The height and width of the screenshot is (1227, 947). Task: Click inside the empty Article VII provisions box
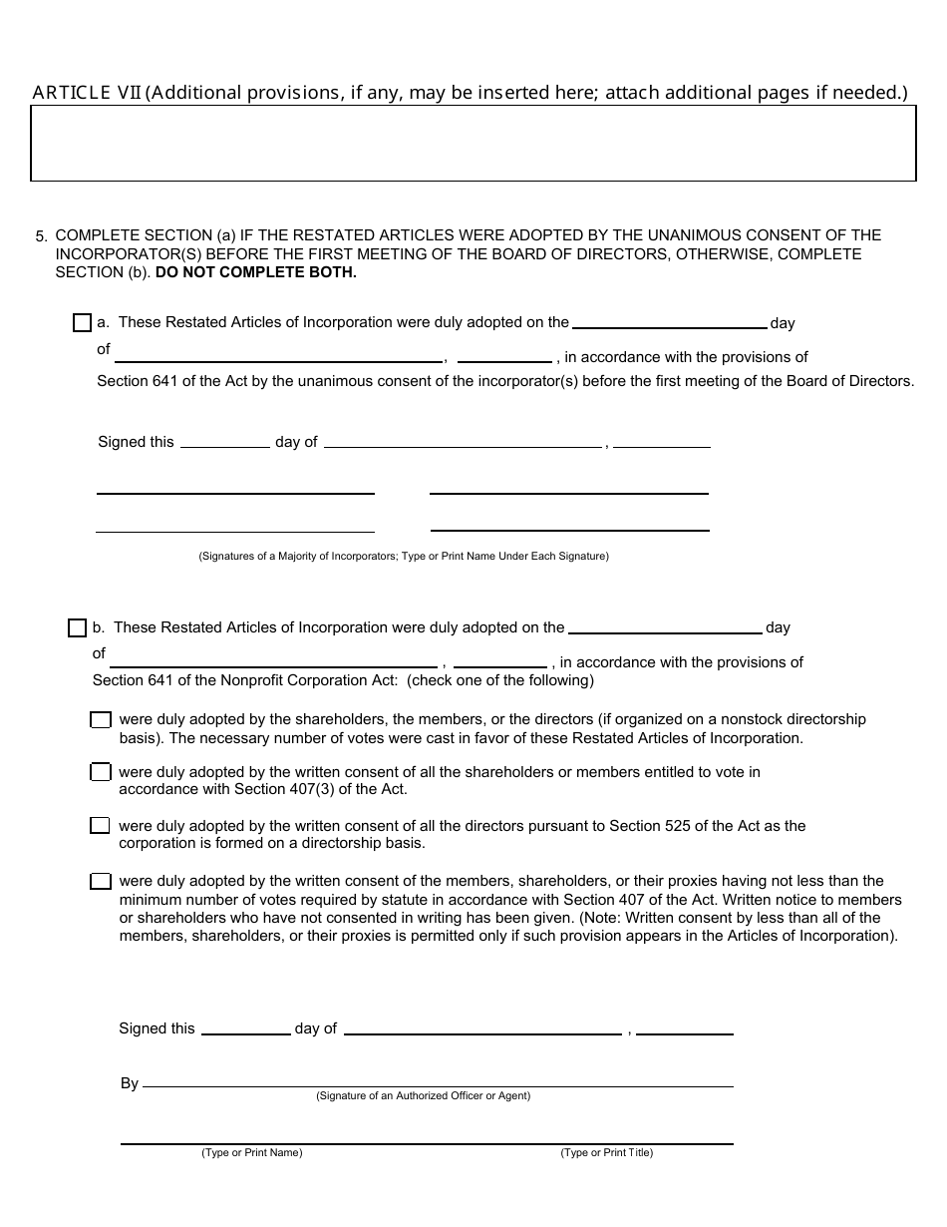(473, 144)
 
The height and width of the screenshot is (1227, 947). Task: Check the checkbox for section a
(82, 323)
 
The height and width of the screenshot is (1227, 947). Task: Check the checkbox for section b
(77, 628)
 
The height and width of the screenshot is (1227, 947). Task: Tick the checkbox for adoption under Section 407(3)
(101, 772)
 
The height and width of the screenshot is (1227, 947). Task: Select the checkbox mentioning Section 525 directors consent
(101, 826)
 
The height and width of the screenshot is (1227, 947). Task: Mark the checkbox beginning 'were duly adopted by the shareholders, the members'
(101, 720)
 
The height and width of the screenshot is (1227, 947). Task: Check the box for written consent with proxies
(101, 882)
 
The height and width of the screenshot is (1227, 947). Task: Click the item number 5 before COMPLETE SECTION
(41, 237)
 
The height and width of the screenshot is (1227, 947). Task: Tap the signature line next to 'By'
(439, 1082)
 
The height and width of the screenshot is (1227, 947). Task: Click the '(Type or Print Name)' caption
(252, 1152)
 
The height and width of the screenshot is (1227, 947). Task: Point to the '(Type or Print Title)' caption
(606, 1152)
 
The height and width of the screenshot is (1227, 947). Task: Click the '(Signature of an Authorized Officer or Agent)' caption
(424, 1095)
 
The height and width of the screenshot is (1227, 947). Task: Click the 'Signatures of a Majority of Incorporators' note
(404, 556)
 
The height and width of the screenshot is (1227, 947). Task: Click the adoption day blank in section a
(670, 324)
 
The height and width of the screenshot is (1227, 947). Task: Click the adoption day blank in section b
(665, 629)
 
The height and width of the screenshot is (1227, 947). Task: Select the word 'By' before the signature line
(130, 1083)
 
